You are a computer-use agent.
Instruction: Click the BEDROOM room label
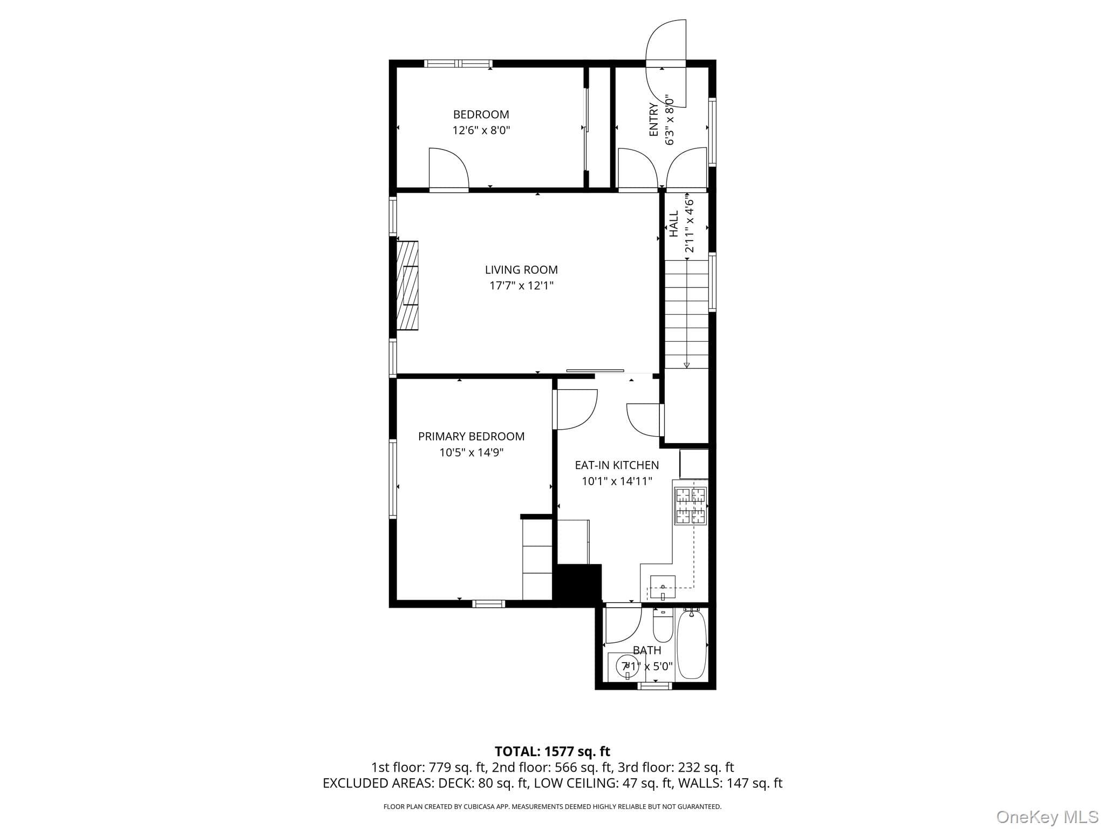(x=481, y=114)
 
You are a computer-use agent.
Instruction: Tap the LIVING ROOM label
(x=521, y=270)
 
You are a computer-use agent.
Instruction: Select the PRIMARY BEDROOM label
(x=471, y=436)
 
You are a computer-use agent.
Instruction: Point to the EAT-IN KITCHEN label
(x=617, y=465)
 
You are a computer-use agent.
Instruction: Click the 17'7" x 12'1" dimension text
(x=521, y=286)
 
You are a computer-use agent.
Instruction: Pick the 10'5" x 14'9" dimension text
(x=471, y=452)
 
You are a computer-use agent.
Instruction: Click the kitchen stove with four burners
(x=691, y=506)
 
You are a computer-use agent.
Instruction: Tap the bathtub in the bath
(x=691, y=643)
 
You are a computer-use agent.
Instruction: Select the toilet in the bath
(x=662, y=625)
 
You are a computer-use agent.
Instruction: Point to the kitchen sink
(x=663, y=587)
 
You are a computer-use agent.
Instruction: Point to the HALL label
(x=674, y=224)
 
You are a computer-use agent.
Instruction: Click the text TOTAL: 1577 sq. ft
(x=552, y=751)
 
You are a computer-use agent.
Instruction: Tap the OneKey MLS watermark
(x=1047, y=817)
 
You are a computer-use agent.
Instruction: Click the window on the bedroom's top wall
(x=458, y=63)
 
